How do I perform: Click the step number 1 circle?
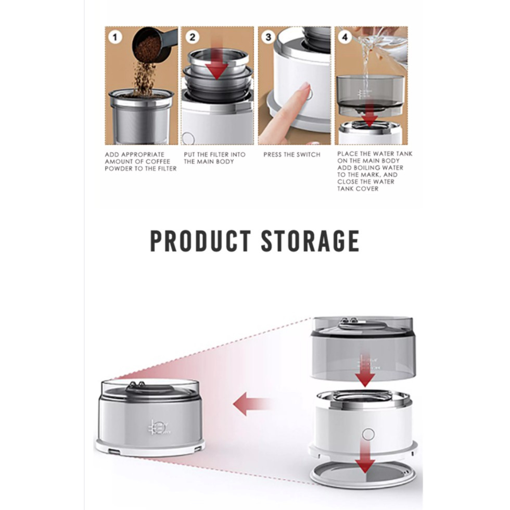(114, 37)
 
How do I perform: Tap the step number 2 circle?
(192, 37)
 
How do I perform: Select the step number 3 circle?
(268, 37)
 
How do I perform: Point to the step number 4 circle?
(345, 37)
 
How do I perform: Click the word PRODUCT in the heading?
(200, 241)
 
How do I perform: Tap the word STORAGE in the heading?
(310, 241)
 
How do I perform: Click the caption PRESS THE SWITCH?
(292, 155)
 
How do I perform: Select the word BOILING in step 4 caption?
(377, 168)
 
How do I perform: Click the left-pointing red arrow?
(252, 404)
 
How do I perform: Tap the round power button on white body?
(368, 434)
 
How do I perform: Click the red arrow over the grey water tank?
(365, 370)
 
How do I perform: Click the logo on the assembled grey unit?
(159, 428)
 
